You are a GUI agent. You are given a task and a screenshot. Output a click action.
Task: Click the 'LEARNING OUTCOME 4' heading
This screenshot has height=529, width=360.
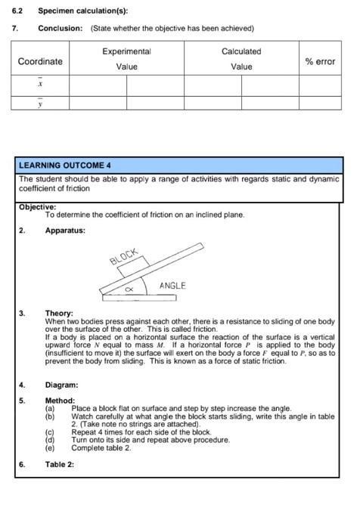point(65,165)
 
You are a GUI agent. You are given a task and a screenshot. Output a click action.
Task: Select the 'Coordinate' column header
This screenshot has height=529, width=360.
point(40,61)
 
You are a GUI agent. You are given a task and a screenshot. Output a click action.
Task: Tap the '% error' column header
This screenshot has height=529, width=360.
point(320,61)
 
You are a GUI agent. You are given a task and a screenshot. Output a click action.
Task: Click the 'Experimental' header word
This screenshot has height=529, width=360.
point(126,51)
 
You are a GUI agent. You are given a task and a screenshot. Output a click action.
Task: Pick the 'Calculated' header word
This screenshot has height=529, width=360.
point(241,51)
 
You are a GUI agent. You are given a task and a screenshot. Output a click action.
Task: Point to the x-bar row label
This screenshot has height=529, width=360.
point(40,85)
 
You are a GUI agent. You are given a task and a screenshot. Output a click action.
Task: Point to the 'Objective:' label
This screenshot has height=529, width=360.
point(38,206)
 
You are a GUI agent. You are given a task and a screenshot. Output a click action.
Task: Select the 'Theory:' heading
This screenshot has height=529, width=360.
point(59,313)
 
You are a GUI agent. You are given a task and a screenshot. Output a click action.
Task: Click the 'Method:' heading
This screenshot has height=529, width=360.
point(61,401)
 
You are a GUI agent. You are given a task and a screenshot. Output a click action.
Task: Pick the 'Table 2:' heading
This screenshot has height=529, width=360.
point(60,464)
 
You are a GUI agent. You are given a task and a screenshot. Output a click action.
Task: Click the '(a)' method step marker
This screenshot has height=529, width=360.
point(50,408)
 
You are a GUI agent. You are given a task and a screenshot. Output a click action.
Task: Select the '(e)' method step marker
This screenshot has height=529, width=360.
point(50,447)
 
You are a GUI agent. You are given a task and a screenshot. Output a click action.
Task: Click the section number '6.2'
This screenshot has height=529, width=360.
point(18,11)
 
